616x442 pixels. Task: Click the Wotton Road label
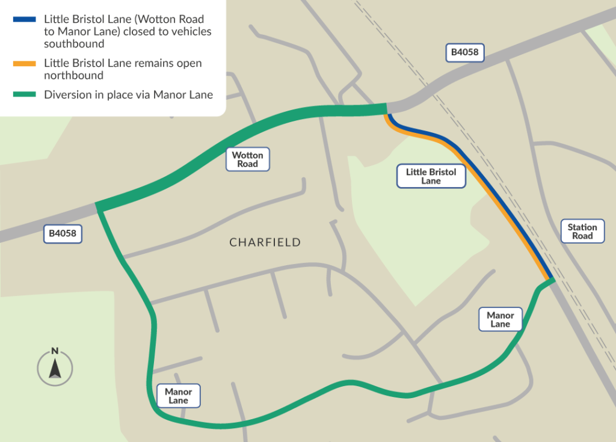tap(248, 159)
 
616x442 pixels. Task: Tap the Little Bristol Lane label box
tap(431, 176)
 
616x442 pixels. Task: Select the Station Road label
tap(582, 232)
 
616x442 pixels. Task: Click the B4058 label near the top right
tap(465, 52)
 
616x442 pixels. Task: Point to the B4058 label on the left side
tap(62, 233)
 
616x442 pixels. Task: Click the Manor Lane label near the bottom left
tap(178, 396)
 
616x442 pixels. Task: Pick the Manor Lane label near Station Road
tap(500, 319)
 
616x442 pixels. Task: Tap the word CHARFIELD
tap(265, 243)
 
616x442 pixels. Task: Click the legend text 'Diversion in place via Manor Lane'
tap(128, 95)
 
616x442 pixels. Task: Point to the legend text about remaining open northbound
tap(123, 69)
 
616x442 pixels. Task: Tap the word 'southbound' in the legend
tap(74, 44)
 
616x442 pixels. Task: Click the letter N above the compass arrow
tap(55, 351)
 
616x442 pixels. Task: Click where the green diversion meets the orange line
tap(550, 280)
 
